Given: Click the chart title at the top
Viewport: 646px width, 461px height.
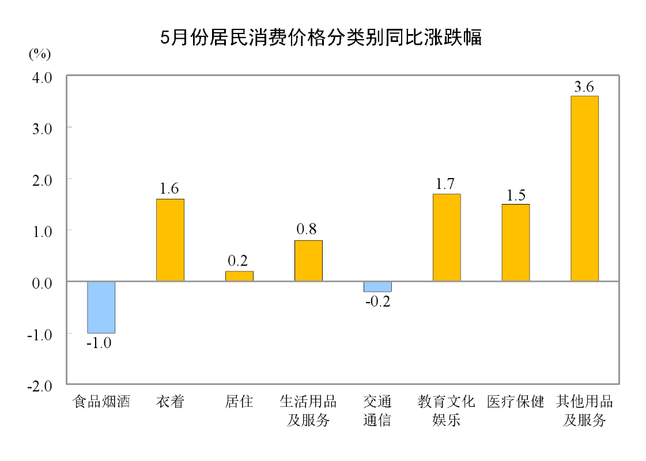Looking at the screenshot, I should pos(320,39).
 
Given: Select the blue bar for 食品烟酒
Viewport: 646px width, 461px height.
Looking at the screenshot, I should pos(101,307).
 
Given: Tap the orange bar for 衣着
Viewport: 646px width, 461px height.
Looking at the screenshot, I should pos(170,240).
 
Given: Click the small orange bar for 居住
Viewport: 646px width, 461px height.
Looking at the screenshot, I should pos(239,276).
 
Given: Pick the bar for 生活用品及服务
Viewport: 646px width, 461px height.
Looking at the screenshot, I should pos(308,261).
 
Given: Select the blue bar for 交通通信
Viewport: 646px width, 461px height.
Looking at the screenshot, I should pos(377,286).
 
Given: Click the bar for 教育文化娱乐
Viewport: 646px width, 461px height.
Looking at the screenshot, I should pos(447,237).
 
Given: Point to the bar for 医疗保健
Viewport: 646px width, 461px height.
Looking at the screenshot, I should pos(516,243).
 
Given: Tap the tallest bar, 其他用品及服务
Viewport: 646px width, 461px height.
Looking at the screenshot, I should pos(584,188).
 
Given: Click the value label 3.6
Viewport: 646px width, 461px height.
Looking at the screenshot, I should pos(584,87).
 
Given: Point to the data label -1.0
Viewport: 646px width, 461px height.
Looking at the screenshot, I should pos(99,343).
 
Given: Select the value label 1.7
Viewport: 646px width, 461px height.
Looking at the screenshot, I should pos(445,184).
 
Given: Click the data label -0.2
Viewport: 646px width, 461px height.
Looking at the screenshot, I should pos(377,301).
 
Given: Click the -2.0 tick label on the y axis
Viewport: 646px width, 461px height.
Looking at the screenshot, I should pos(39,385).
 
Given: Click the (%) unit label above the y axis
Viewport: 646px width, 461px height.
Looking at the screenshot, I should pos(40,54).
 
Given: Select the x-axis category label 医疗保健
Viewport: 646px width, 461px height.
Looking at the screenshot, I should pos(516,402).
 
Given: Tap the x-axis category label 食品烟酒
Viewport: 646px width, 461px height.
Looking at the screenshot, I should pos(101,402).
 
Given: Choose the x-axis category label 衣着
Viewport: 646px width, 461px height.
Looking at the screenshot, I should pos(170,402).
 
